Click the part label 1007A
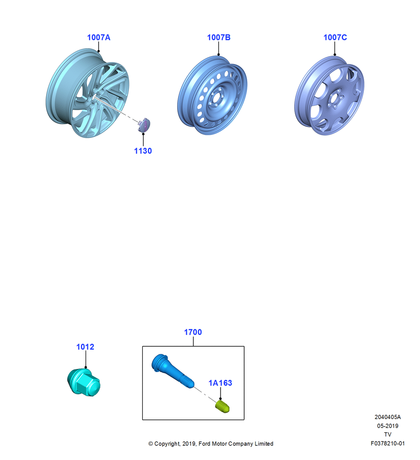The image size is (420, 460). point(99,38)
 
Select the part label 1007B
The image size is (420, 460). point(219,38)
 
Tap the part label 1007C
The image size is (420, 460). point(335,38)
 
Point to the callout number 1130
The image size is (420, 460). point(143,151)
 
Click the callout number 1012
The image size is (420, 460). point(85,347)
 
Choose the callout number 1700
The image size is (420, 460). point(193,332)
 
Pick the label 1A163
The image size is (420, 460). point(220,383)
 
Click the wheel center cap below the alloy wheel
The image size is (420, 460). point(144,125)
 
